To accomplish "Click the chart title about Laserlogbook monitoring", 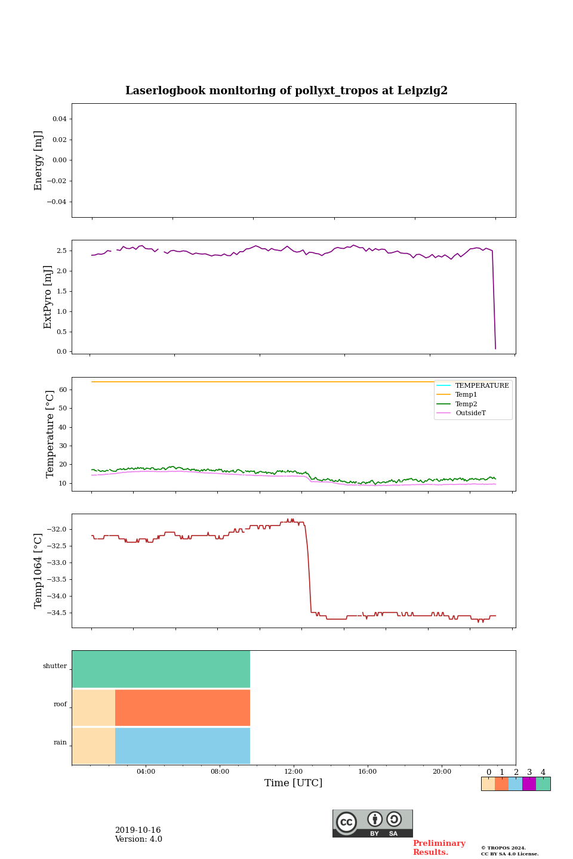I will click(x=286, y=91).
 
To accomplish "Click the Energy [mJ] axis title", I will click(x=39, y=160).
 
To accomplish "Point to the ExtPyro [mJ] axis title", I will click(x=48, y=297).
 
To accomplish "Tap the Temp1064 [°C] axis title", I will click(x=39, y=571).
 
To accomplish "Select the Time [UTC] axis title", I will click(x=294, y=783).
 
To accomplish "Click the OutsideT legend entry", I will click(x=470, y=413).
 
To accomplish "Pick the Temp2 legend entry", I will click(x=466, y=404).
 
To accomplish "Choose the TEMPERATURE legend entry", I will click(x=482, y=385).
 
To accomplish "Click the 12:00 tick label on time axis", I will click(x=294, y=771).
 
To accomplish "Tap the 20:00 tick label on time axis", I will click(x=442, y=771).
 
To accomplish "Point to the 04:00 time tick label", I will click(x=146, y=771).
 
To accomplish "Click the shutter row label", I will click(x=55, y=666).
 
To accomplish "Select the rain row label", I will click(x=60, y=743).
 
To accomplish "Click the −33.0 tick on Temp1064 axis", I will click(x=54, y=563).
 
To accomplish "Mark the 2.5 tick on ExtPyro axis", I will click(x=61, y=251).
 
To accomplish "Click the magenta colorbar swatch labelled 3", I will click(x=529, y=784).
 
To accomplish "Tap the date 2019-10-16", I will click(x=138, y=830).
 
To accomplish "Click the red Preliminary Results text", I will click(x=439, y=848).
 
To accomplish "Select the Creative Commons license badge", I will click(x=372, y=823).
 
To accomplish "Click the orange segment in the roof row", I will click(x=183, y=707).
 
